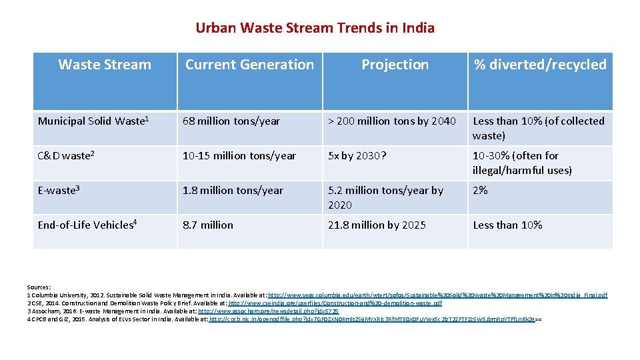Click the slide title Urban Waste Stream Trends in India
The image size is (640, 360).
315,28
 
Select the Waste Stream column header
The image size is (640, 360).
105,65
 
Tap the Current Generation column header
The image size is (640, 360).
249,65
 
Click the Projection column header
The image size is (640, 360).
395,65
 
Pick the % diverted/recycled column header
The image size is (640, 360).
540,65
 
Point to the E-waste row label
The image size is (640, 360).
59,190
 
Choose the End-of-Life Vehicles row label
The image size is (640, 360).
87,225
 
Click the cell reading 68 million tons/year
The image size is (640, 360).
231,121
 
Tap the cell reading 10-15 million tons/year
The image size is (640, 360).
239,155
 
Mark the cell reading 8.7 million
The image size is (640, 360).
208,225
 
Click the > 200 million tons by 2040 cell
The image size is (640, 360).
392,121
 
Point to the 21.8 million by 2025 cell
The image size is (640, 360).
377,225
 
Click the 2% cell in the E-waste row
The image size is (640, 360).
480,190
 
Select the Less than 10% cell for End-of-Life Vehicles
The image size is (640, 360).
507,225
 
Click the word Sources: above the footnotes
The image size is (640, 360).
39,287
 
